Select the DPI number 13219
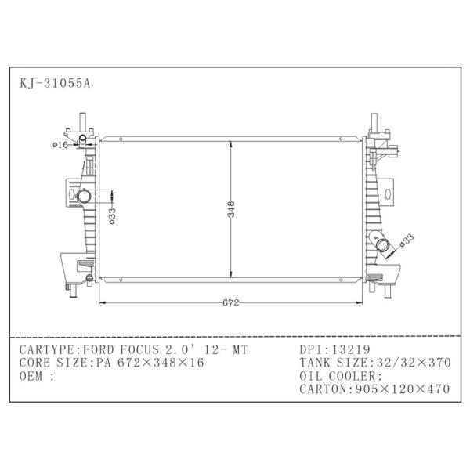(x=351, y=349)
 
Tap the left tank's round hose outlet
(x=83, y=196)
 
